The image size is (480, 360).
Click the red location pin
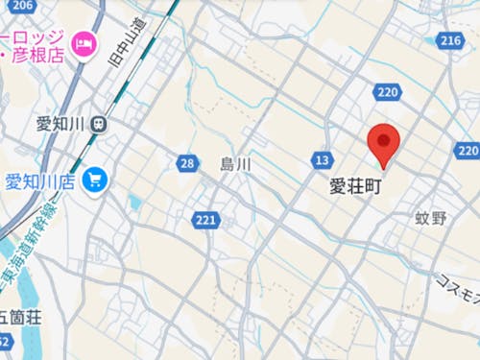coord(385,146)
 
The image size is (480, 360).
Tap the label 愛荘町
coord(355,186)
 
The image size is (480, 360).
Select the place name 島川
coord(234,164)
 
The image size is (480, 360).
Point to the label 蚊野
coord(432,218)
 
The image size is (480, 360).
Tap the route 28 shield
coord(187,164)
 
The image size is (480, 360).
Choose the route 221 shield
coord(205,221)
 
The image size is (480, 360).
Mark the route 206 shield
coord(21,7)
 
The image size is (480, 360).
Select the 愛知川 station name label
coord(60,123)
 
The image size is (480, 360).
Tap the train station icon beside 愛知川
coord(100,123)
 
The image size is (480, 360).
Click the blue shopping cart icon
coord(94,180)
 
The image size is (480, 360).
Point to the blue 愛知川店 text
coord(40,180)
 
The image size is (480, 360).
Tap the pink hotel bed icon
coord(85,43)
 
